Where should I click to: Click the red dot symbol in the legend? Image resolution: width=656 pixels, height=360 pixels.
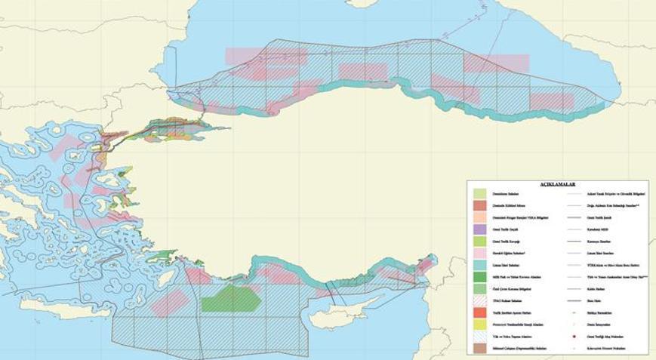click(x=576, y=335)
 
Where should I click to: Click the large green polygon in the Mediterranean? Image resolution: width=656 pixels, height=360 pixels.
click(x=231, y=299)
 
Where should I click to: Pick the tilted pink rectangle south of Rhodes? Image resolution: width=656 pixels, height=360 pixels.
click(x=171, y=303)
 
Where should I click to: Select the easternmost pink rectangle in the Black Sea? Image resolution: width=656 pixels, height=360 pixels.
click(x=551, y=100)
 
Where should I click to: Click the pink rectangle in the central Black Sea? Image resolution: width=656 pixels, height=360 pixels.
click(x=362, y=72)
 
